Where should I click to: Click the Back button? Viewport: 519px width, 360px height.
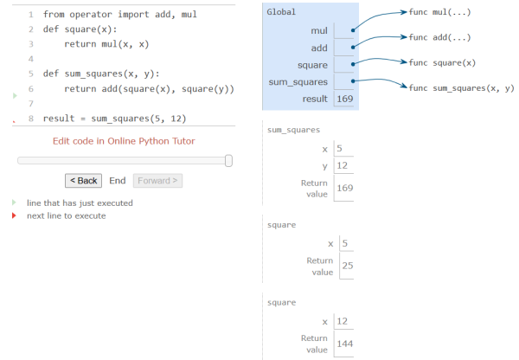click(83, 181)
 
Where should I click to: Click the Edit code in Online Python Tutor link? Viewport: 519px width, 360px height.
click(124, 141)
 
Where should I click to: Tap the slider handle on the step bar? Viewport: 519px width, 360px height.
click(228, 161)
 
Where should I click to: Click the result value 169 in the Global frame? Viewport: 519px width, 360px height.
click(345, 99)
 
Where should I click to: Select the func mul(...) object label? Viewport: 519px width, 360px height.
click(439, 12)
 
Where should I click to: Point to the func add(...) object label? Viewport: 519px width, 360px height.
click(439, 37)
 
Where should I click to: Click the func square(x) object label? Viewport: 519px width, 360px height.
click(442, 62)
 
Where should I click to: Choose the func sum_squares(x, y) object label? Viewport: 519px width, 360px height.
click(461, 88)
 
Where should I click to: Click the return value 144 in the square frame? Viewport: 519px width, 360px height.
click(345, 344)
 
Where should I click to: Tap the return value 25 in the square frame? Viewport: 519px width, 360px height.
click(348, 266)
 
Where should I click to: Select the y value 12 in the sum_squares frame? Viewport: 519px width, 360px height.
click(343, 165)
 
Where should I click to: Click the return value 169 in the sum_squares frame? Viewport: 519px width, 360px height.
click(345, 188)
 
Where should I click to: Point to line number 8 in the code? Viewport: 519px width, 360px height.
click(31, 119)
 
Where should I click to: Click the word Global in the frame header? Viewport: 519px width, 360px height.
click(281, 12)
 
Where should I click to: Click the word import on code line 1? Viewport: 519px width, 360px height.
click(134, 15)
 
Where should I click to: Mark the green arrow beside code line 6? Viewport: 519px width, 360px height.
click(15, 96)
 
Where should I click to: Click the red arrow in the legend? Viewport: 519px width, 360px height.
click(14, 215)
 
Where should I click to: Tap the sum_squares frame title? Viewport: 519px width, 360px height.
click(293, 130)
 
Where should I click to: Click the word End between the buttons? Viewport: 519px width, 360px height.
click(118, 181)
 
